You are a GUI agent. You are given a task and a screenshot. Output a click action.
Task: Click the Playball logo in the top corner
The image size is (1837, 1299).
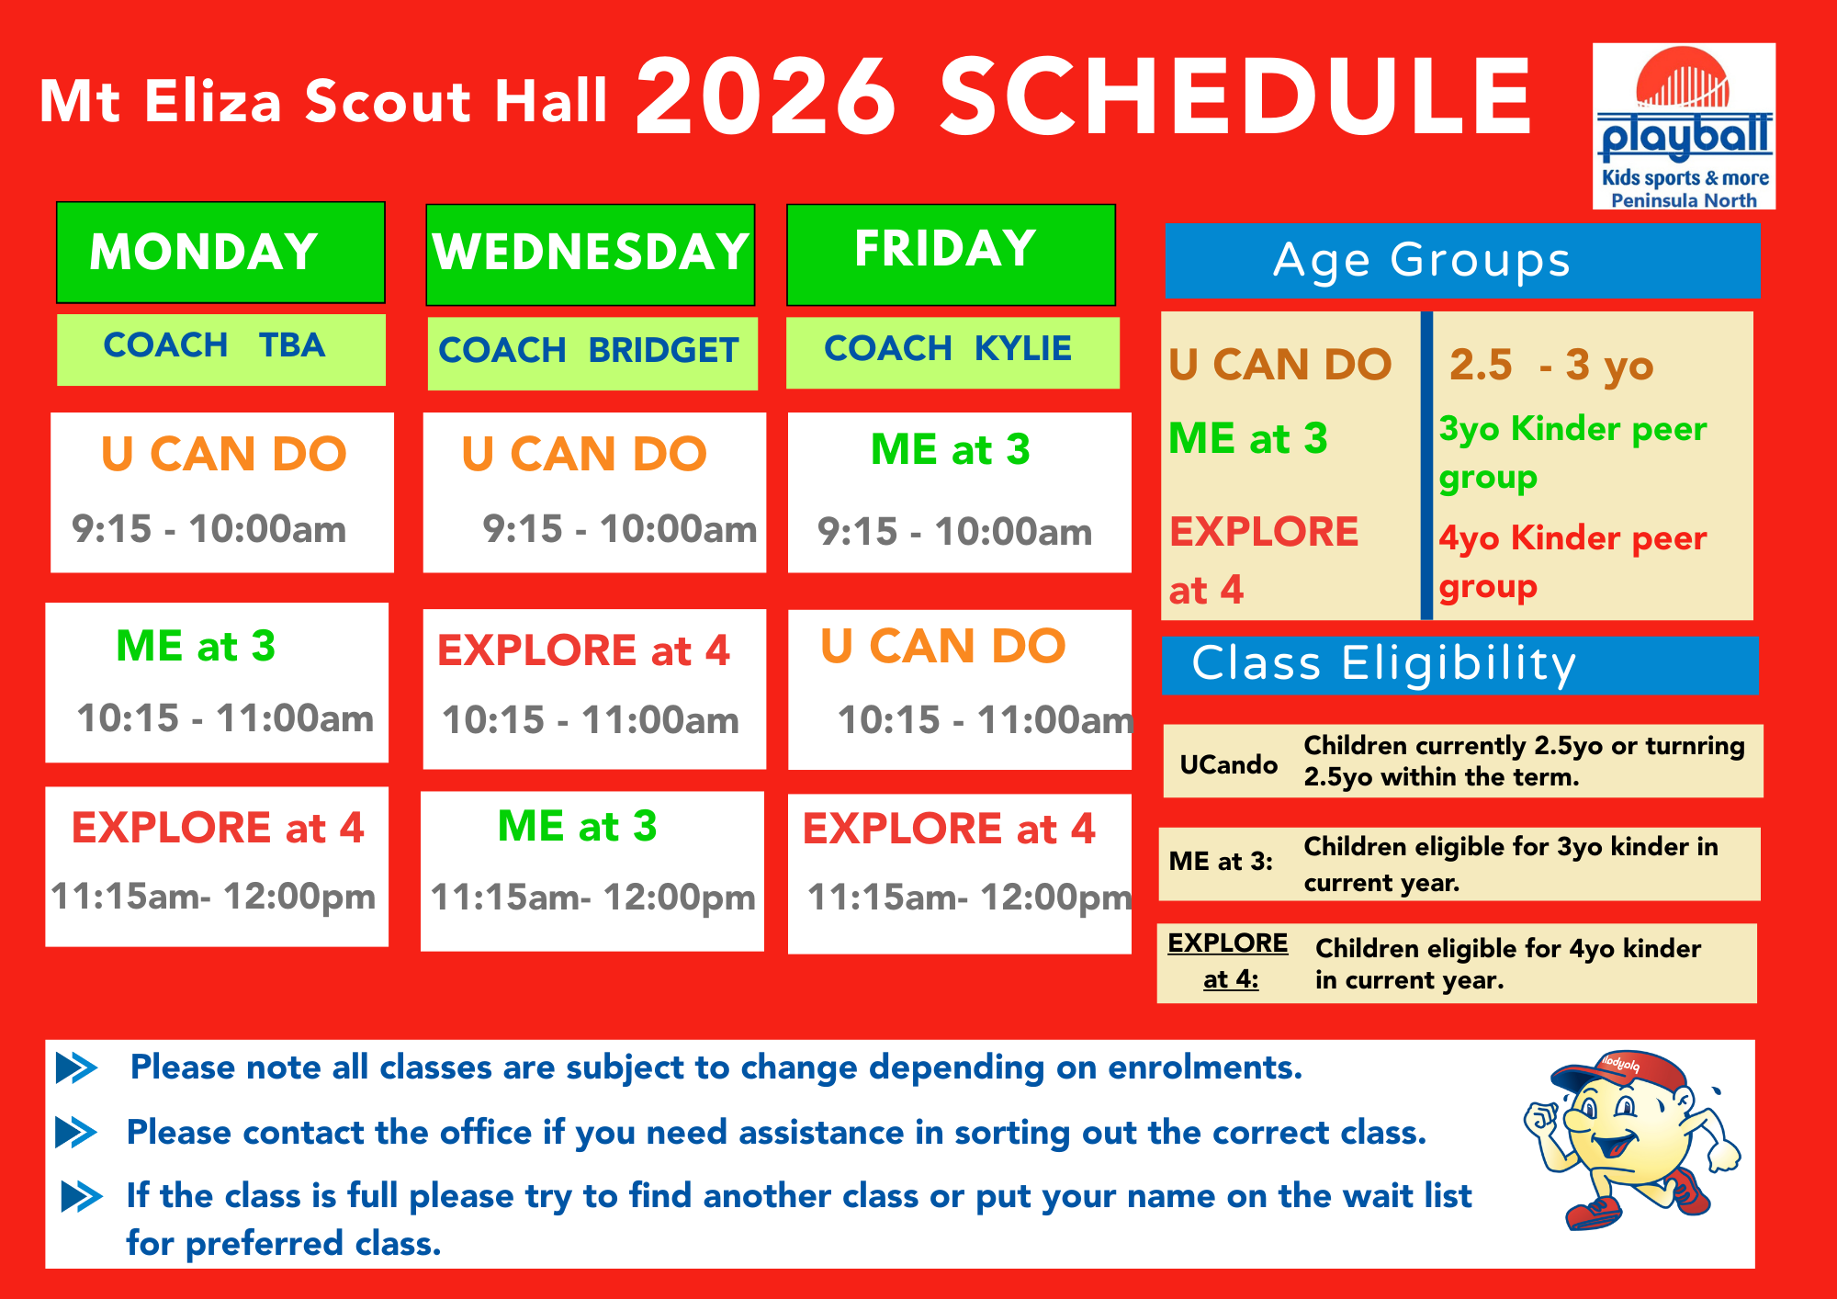click(x=1684, y=126)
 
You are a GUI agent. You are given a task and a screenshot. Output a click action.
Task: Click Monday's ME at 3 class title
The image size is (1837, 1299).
click(x=196, y=646)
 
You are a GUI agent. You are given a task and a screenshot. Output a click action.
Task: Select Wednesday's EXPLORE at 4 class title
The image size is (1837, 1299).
click(x=583, y=650)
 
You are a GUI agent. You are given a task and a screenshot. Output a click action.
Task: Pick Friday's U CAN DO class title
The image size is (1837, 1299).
click(x=943, y=646)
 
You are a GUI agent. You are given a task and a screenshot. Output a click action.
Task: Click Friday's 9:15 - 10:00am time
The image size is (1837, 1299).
click(x=955, y=532)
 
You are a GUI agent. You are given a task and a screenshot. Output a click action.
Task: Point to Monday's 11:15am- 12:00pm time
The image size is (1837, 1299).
click(x=213, y=897)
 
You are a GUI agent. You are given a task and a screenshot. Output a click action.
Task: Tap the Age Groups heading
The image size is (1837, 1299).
click(x=1422, y=261)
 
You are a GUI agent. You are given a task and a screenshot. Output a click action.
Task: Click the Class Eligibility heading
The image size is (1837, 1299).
click(x=1384, y=664)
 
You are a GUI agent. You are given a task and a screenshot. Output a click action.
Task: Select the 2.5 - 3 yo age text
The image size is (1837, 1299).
click(x=1551, y=366)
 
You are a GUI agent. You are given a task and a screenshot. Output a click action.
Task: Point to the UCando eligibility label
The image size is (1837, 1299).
click(x=1229, y=764)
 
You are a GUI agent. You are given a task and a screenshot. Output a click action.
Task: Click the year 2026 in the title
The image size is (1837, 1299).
click(x=766, y=96)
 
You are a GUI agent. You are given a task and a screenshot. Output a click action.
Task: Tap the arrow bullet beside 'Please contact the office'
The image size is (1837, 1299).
click(x=76, y=1133)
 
